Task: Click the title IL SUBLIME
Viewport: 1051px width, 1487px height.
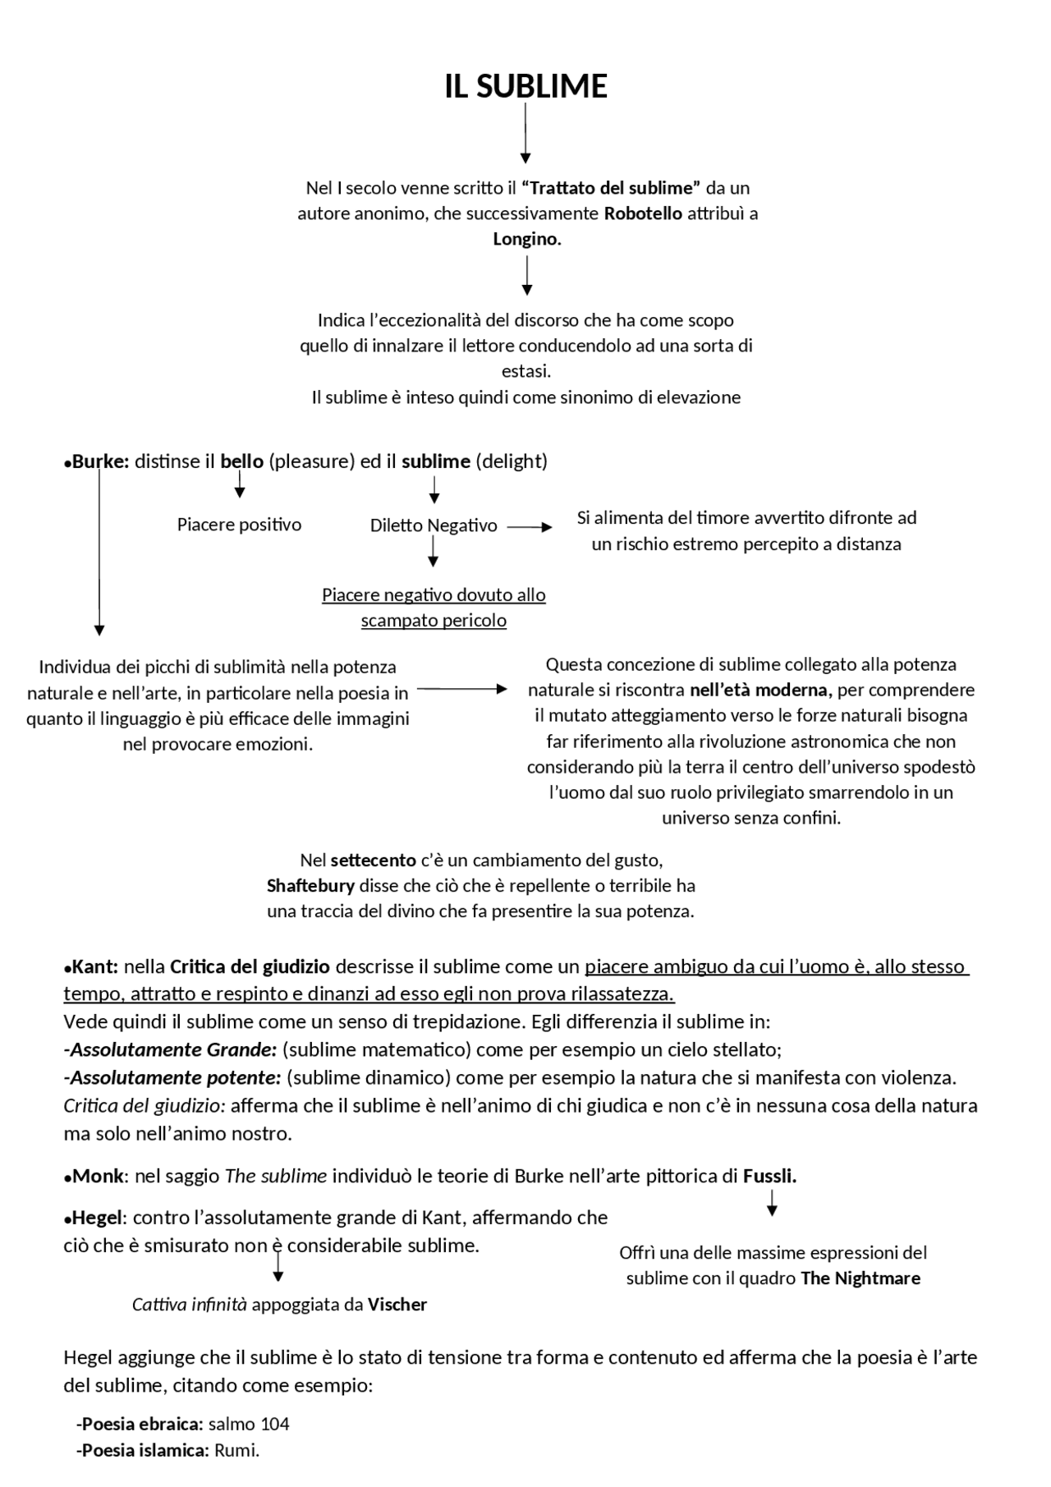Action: tap(525, 86)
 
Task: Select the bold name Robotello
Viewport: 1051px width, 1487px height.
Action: tap(643, 213)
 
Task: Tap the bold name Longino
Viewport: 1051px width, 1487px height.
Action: tap(526, 239)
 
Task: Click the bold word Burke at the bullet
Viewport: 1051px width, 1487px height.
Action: tap(100, 461)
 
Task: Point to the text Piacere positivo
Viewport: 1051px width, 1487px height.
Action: tap(239, 525)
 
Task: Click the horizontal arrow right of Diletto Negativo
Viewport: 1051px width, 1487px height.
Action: tap(530, 528)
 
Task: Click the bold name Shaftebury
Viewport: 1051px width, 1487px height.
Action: tap(310, 886)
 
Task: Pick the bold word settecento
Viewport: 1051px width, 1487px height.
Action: tap(373, 861)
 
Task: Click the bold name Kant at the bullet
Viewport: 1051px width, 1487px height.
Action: tap(95, 966)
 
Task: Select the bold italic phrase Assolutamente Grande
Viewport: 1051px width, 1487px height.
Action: tap(173, 1049)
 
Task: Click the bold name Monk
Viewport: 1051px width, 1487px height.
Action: tap(99, 1176)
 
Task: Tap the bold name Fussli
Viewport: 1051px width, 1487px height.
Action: tap(769, 1176)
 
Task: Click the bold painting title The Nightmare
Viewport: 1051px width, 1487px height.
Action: tap(860, 1278)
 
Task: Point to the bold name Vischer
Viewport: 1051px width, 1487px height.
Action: tap(397, 1305)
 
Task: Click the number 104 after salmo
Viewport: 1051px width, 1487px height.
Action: tap(275, 1424)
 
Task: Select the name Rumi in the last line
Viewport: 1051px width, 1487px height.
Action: tap(236, 1450)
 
